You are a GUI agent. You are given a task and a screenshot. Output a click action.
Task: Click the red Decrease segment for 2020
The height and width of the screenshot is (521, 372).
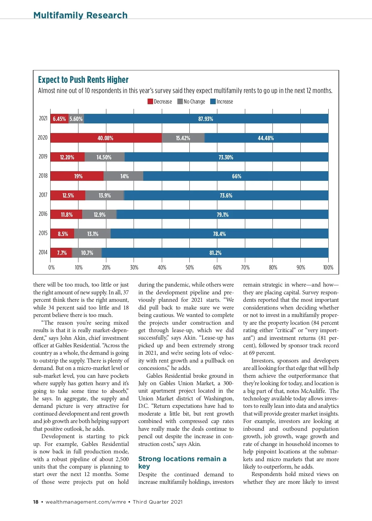point(106,138)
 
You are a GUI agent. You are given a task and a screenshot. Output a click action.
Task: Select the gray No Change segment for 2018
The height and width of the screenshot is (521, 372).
point(123,176)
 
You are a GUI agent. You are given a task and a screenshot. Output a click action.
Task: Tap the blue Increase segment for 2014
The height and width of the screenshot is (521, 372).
point(215,253)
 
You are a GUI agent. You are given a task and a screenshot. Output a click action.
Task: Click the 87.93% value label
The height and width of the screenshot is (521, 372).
point(206,119)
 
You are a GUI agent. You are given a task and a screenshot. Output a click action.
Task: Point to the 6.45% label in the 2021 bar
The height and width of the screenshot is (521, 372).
point(59,119)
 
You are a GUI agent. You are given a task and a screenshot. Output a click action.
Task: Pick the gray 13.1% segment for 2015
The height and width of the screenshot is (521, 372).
point(92,234)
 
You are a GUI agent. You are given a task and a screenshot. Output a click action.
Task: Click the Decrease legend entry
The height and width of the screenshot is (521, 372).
point(160,101)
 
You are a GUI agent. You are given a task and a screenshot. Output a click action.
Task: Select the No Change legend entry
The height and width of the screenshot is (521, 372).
point(191,101)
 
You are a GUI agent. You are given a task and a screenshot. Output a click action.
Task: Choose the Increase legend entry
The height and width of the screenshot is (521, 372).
point(222,101)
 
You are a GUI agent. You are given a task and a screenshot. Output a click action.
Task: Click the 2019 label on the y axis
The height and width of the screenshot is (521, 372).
point(43,157)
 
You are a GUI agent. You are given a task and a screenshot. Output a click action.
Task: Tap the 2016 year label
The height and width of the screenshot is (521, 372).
point(43,214)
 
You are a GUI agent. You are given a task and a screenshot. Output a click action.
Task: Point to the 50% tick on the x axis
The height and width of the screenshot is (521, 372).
point(190,268)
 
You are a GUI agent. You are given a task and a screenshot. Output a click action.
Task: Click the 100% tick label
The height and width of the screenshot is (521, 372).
point(328,268)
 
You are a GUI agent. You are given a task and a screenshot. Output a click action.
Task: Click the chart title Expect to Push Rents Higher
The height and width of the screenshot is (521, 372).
point(83,80)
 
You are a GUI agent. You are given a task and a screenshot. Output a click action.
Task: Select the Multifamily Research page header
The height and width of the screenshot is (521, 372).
point(80,15)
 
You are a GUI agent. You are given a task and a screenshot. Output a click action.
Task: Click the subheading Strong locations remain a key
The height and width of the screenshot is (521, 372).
point(182,462)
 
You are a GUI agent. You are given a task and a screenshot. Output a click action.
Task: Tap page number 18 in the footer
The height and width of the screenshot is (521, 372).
point(36,502)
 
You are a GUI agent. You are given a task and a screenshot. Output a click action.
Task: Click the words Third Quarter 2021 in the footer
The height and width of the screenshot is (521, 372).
point(157,502)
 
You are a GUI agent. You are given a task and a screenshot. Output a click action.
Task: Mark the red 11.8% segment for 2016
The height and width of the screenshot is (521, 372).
point(66,215)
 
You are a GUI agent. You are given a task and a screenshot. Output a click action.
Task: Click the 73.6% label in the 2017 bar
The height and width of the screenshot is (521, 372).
point(226,195)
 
